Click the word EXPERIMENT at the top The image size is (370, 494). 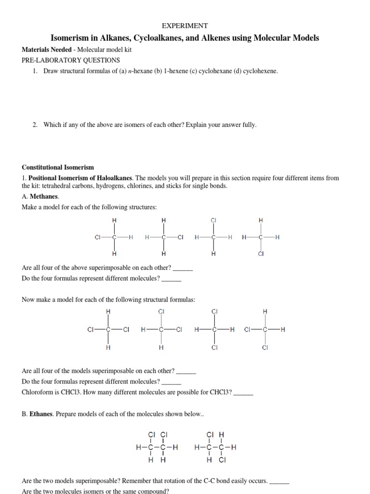click(x=185, y=26)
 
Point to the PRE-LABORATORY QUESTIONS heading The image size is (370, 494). click(x=71, y=60)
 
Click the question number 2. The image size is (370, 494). click(x=35, y=124)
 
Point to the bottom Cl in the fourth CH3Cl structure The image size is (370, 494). click(x=261, y=254)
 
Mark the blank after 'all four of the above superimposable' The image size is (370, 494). click(x=183, y=268)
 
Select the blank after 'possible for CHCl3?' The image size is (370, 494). click(x=243, y=392)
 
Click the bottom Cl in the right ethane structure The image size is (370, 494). click(x=222, y=460)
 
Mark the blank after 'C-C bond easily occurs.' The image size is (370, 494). click(x=279, y=481)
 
